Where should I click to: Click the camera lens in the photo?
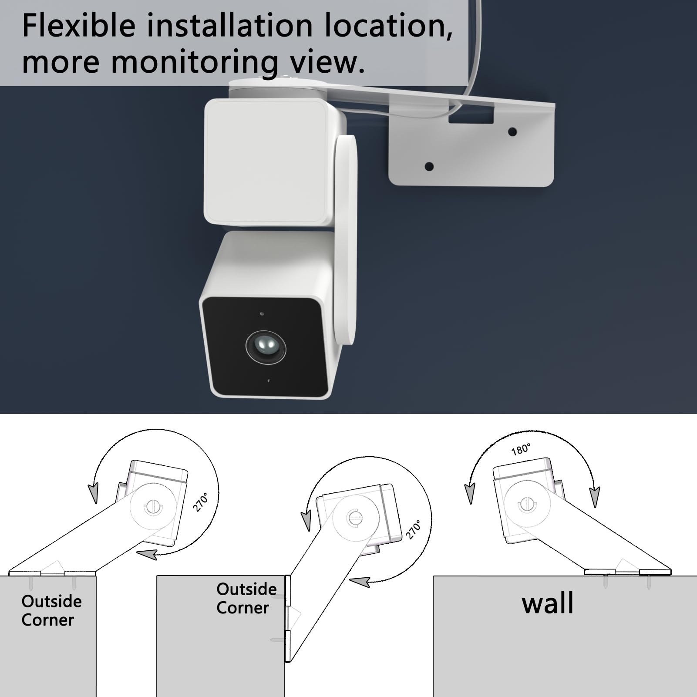tap(266, 347)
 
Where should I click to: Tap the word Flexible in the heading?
tap(79, 25)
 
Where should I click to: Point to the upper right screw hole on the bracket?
tap(512, 131)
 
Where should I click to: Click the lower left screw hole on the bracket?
tap(429, 166)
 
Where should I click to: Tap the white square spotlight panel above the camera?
tap(268, 161)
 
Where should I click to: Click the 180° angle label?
tap(521, 449)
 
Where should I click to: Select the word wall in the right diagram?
tap(548, 603)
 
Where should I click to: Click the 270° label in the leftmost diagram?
tap(201, 502)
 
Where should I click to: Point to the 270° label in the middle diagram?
tap(414, 529)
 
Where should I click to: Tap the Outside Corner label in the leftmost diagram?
tap(51, 610)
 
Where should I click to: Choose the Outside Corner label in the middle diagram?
tap(246, 598)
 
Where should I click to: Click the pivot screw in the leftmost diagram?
tap(153, 506)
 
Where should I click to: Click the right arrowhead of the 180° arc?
tap(594, 496)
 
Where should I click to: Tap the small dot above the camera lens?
tap(262, 313)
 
